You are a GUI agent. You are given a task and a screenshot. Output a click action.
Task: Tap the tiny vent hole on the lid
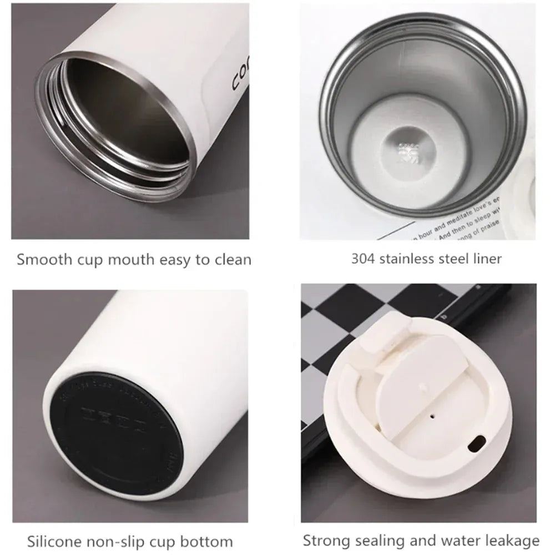click(432, 413)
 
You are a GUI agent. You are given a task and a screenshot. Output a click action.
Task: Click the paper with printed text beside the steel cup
click(455, 225)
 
